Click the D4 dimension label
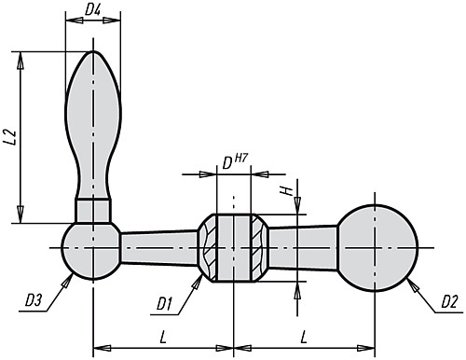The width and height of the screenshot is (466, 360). point(94,11)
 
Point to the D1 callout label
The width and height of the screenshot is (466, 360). point(166,302)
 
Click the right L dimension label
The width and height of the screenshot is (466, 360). point(305,334)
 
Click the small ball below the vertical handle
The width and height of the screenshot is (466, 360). point(91,249)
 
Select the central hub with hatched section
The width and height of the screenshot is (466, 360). point(234,249)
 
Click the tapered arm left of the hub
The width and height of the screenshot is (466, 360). point(158,249)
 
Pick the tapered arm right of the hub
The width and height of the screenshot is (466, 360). point(303,245)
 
